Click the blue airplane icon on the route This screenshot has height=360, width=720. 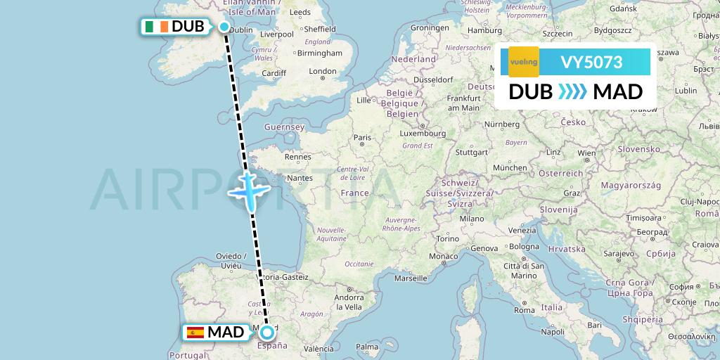pos(249,188)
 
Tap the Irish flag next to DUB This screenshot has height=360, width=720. pos(156,27)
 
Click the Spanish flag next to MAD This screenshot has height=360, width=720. pos(195,333)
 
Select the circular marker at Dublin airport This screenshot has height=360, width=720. pos(224,27)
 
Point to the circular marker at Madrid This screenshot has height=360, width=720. pos(267,332)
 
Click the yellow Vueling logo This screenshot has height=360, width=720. pos(523,62)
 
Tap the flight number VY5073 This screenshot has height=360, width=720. pos(591,62)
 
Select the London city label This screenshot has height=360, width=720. pos(323,71)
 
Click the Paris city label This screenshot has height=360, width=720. pos(362,137)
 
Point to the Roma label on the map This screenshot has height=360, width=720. pos(525,309)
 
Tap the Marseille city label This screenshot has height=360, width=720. pos(411,278)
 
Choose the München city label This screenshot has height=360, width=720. pos(510,167)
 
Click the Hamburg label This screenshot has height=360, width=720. pos(484,30)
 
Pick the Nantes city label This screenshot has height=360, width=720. pos(300,179)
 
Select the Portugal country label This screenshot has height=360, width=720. pos(186,355)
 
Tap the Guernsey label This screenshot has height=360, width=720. pos(283,127)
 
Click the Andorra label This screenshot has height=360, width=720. pos(349,297)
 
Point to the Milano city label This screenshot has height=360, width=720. pos(472,219)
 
